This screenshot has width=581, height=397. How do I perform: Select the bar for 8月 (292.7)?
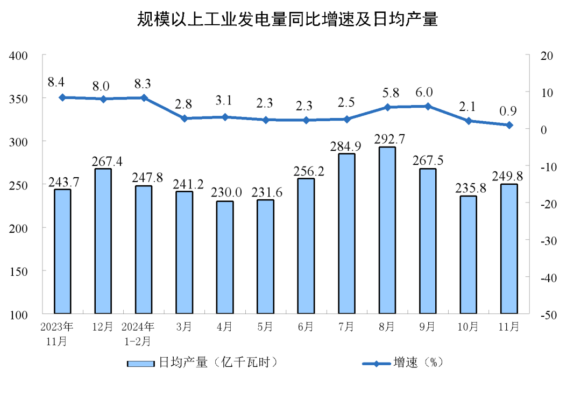coord(387,230)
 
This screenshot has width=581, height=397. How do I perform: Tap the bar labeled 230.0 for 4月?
coord(225,257)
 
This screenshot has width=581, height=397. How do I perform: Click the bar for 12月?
coord(103,241)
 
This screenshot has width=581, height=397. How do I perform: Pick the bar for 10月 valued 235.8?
coord(468,254)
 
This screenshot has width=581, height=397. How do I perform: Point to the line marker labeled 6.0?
coord(428,107)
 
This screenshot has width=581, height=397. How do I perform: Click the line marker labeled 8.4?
coord(62,97)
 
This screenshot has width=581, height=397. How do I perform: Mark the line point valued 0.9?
coord(509,126)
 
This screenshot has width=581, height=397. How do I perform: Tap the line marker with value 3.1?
coord(225,117)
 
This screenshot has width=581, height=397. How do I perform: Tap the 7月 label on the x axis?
coord(346,326)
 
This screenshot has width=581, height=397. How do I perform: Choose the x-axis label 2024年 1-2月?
coord(138,333)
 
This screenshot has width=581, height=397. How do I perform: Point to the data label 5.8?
coord(387,93)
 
